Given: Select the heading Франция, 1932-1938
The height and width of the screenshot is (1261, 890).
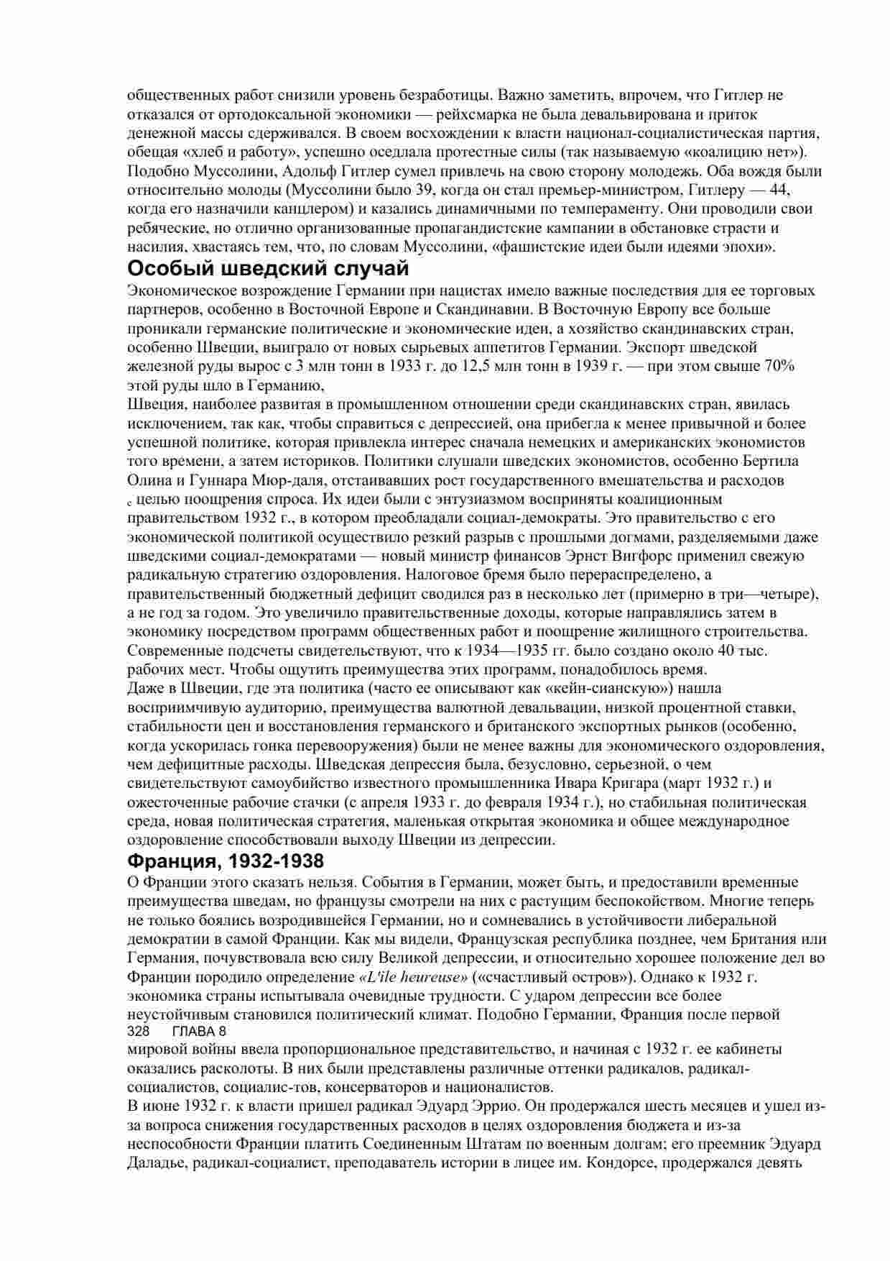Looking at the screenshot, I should coord(226,861).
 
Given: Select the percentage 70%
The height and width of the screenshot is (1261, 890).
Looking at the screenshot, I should coord(779,366).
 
